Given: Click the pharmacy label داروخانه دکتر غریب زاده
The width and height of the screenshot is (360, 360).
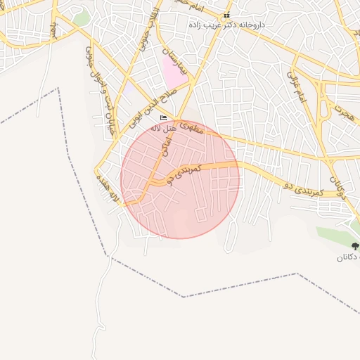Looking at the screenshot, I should point(226,25).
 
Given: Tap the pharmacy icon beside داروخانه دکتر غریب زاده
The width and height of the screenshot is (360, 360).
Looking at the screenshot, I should point(226,15).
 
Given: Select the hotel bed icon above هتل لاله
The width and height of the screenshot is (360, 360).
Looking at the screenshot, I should point(164,117).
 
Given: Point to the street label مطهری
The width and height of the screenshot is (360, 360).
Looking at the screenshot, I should point(191,127).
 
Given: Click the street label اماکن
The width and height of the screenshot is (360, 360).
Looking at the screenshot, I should point(165,146).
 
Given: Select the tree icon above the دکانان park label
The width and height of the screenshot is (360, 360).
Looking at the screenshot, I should point(355,246).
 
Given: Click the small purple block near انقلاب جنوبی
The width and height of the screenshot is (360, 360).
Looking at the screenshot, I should point(131,90).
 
